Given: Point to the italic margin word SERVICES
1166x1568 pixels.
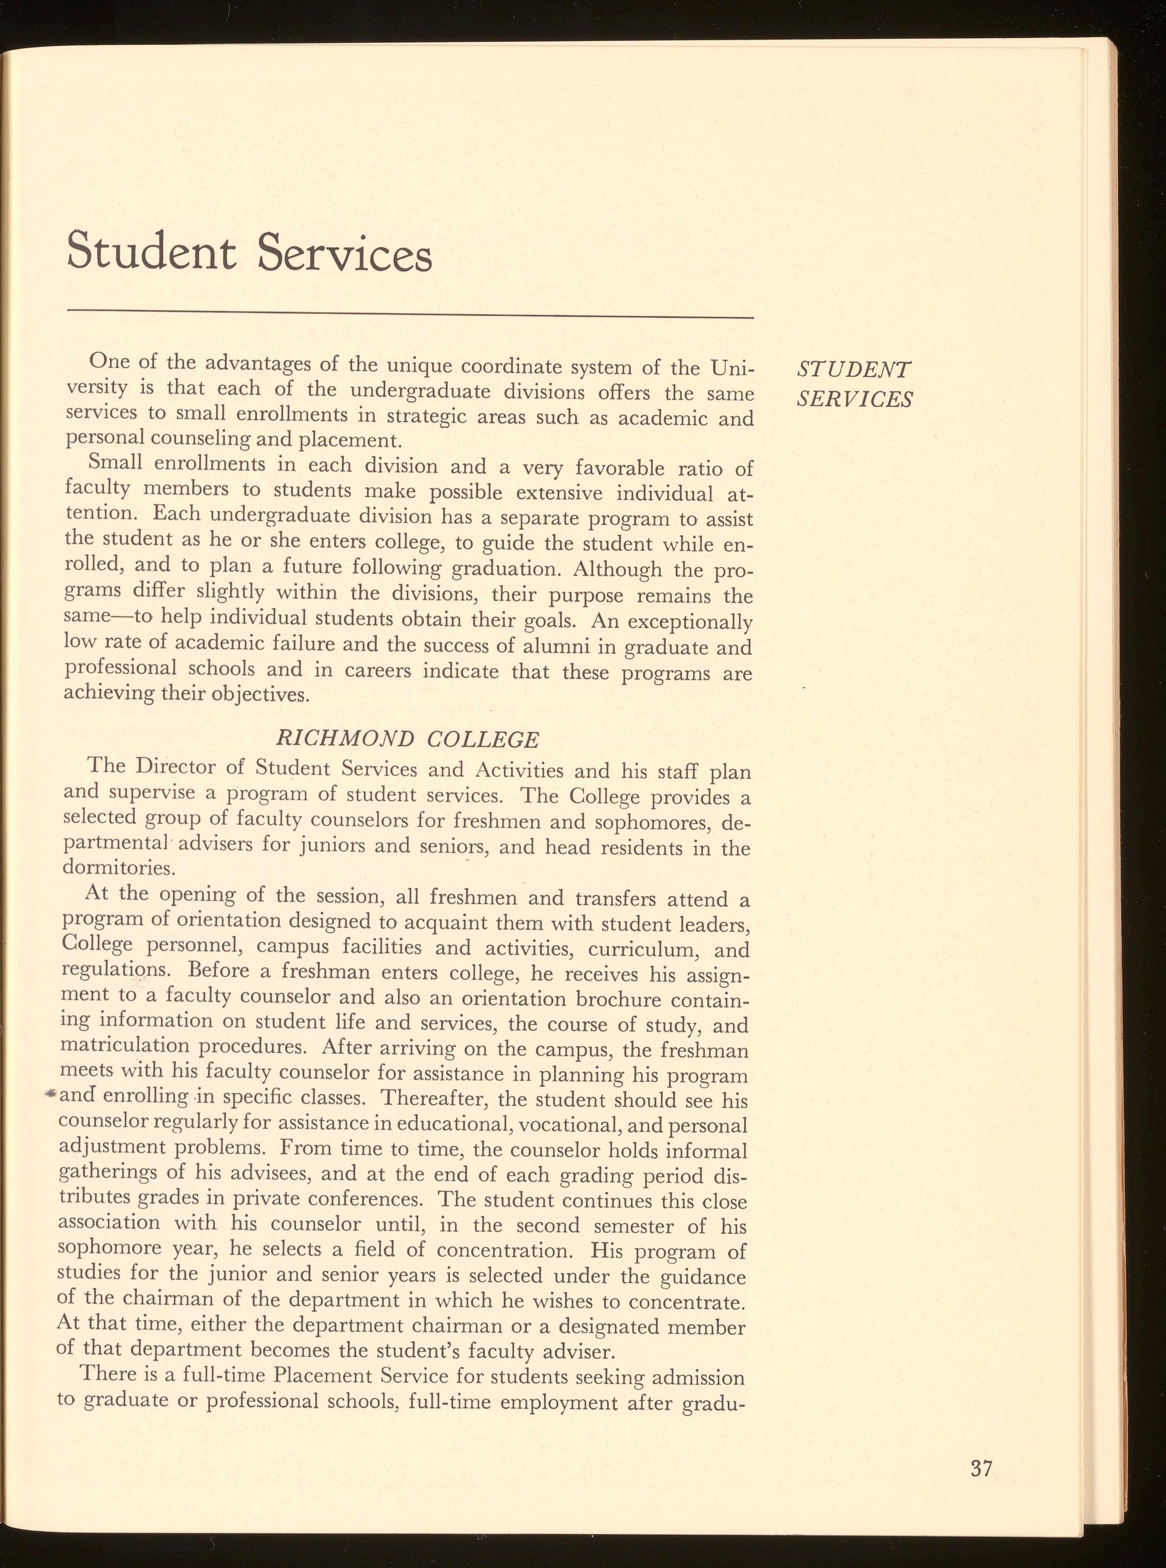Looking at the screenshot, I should click(x=855, y=399).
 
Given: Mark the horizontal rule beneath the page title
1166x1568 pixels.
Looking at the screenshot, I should click(x=409, y=316).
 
